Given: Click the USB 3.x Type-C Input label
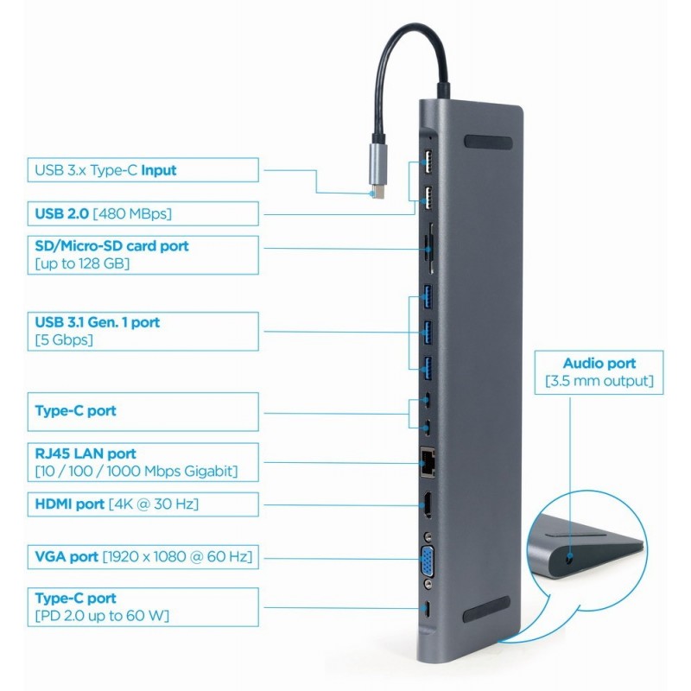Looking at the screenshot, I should click(143, 170).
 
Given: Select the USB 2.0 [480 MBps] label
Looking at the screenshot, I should click(143, 213).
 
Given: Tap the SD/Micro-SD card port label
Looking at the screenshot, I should click(143, 255).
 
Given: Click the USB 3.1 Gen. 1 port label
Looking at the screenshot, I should click(143, 331).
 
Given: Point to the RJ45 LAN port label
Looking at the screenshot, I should click(143, 462).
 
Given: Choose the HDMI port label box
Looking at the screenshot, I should click(143, 504).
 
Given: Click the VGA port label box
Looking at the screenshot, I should click(143, 557).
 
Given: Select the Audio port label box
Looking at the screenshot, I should click(599, 372).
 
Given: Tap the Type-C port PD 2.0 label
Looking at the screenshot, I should click(143, 606).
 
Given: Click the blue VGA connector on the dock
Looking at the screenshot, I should click(428, 556).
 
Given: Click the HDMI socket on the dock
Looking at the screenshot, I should click(427, 504).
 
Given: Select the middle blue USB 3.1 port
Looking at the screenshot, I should click(427, 331).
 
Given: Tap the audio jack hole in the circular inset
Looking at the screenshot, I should click(567, 559).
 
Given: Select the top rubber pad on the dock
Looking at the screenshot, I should click(490, 142).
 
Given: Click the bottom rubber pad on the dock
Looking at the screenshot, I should click(490, 615).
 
